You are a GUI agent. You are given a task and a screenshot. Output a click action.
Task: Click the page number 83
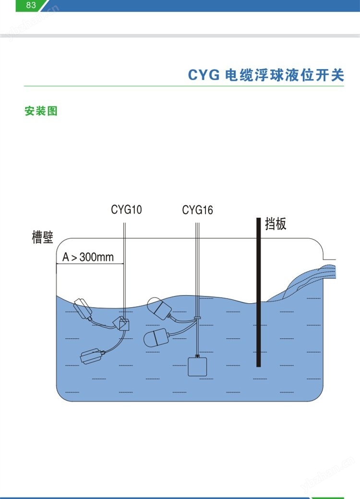tap(31, 5)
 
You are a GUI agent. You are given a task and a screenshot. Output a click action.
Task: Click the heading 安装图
tap(41, 111)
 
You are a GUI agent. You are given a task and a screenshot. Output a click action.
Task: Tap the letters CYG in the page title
tap(204, 75)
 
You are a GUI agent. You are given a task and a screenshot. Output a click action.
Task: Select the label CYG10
tap(126, 210)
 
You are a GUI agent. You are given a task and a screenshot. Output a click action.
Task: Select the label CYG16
tap(197, 210)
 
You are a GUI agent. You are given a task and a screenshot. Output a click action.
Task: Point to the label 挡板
tap(276, 224)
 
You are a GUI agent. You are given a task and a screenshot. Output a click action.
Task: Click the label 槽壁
tap(42, 238)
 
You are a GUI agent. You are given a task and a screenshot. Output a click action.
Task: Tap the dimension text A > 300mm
tap(88, 257)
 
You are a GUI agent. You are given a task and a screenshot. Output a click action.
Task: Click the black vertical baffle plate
tap(259, 292)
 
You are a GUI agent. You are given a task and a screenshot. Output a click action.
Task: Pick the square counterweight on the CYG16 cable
tap(197, 367)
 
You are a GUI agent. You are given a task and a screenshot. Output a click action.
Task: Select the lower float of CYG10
tap(92, 356)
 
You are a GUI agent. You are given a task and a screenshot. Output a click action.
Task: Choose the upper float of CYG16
tap(159, 308)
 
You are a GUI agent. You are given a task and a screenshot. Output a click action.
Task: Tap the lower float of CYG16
tap(156, 337)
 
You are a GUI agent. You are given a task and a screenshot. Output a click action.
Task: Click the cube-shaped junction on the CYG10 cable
tap(122, 323)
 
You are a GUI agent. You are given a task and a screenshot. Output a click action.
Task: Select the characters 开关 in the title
tap(330, 75)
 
